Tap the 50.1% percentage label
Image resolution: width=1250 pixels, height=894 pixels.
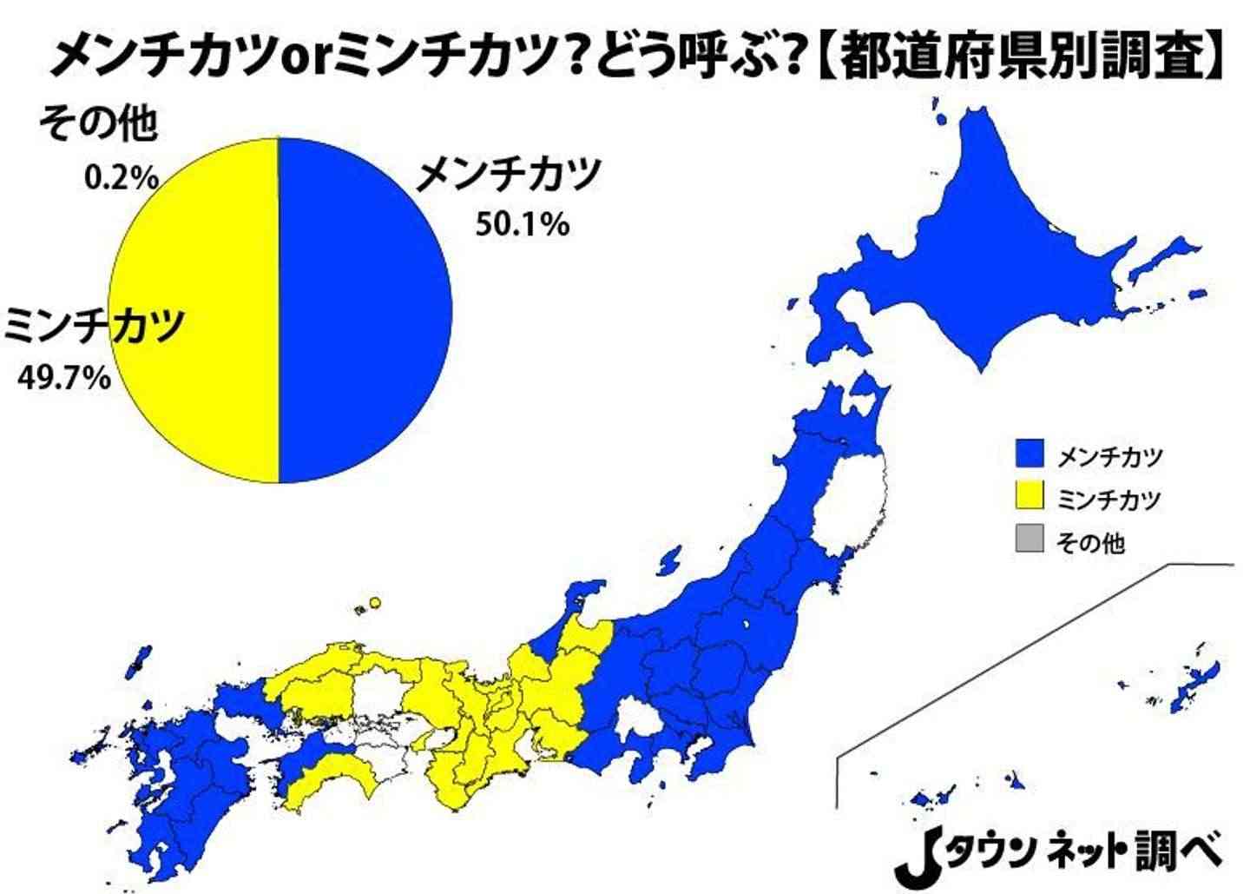522,225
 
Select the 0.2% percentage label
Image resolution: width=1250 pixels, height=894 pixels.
121,178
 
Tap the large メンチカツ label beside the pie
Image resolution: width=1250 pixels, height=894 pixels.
509,175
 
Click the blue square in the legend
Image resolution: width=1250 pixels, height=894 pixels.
1029,454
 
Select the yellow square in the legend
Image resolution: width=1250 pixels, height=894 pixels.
1029,498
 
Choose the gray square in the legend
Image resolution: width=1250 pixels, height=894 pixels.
1029,541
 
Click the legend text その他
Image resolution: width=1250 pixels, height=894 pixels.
1090,543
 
